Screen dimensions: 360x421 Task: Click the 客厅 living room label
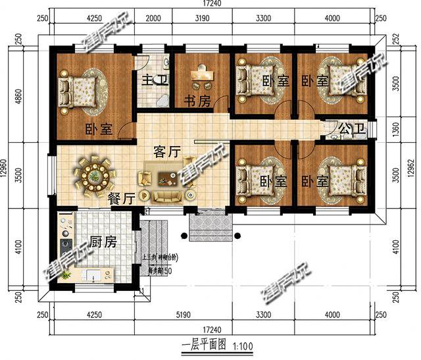tap(167, 151)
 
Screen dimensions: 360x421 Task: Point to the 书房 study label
tap(196, 102)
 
